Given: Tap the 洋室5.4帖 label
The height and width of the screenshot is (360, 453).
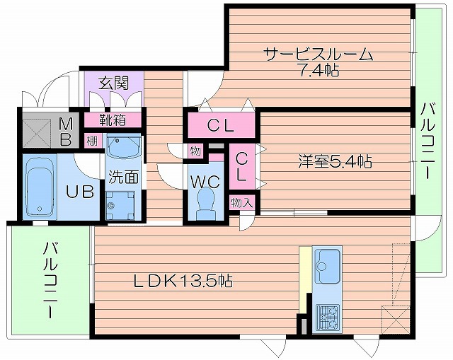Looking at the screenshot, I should point(334,161).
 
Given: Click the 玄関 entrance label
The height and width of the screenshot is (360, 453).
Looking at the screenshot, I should point(113,82).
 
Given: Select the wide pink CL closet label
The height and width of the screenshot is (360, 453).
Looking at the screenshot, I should point(220,127).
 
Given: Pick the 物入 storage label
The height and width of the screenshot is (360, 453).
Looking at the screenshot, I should point(241,203).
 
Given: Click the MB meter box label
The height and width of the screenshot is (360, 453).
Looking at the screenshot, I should point(64,130).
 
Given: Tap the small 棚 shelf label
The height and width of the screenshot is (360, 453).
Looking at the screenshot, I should point(93,139).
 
